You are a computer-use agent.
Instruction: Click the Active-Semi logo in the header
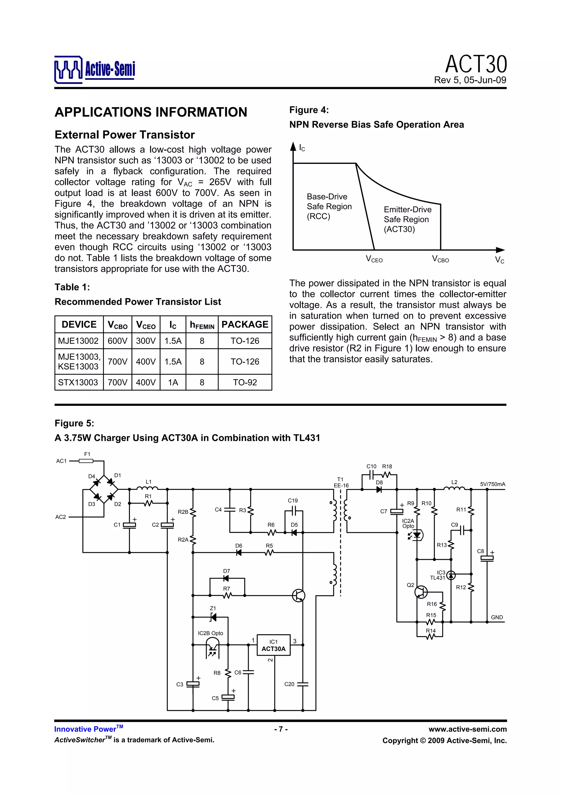(94, 70)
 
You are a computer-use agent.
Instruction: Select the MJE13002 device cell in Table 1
(78, 341)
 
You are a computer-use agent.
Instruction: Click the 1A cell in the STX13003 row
(173, 383)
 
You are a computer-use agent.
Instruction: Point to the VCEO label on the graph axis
(374, 259)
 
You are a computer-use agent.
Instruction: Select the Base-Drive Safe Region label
(329, 206)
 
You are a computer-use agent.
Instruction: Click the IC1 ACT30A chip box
(273, 645)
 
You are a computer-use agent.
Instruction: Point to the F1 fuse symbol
(86, 461)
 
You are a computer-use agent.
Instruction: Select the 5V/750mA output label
(492, 484)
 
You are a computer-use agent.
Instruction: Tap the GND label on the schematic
(497, 617)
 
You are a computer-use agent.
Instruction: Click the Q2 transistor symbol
(421, 592)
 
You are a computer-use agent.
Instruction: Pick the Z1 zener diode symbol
(213, 617)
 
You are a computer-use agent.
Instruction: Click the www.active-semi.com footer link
(467, 729)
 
